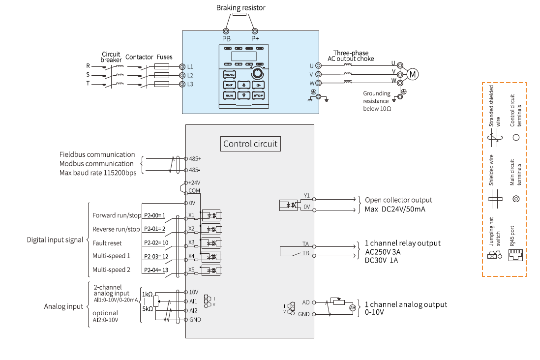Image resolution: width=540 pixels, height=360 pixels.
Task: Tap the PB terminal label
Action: click(x=226, y=38)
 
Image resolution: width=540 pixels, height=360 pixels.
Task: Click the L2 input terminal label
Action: click(x=190, y=75)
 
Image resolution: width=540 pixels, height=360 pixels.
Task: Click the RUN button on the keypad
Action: click(x=229, y=95)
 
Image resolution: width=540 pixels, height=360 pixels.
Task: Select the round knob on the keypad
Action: click(x=256, y=74)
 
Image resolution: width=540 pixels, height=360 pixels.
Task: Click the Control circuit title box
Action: click(x=250, y=144)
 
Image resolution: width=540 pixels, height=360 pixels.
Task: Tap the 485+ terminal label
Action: click(x=195, y=159)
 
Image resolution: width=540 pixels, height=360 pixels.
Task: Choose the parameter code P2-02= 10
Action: click(x=156, y=243)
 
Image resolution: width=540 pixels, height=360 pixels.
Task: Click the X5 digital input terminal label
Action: click(x=191, y=270)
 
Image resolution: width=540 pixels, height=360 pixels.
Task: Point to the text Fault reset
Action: click(x=107, y=243)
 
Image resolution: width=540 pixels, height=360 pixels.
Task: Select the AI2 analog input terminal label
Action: click(x=193, y=310)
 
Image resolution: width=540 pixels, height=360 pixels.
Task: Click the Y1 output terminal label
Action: click(x=306, y=195)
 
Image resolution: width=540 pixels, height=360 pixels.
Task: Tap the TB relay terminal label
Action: click(x=306, y=253)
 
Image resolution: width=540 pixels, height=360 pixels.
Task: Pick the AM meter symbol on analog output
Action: click(x=352, y=307)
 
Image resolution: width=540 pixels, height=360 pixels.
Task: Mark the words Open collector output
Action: click(x=398, y=200)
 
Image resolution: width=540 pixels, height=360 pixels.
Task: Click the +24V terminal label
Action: click(x=194, y=182)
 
